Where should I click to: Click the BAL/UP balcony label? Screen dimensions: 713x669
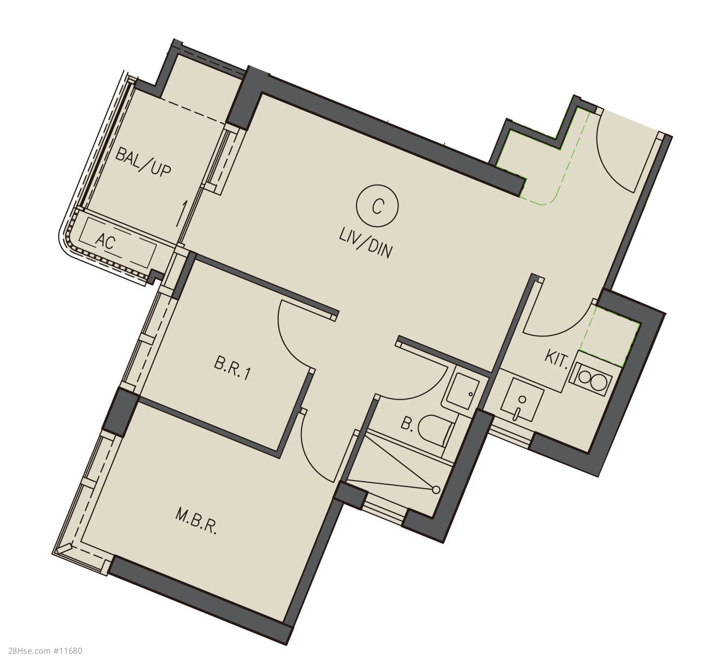click(x=142, y=164)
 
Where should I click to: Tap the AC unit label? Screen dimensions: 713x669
click(x=106, y=241)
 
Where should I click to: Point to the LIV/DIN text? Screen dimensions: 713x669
click(x=365, y=245)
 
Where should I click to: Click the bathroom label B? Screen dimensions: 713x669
click(x=407, y=423)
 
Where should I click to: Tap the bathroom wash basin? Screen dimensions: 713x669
click(x=462, y=391)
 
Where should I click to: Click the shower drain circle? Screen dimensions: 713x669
click(x=436, y=489)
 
